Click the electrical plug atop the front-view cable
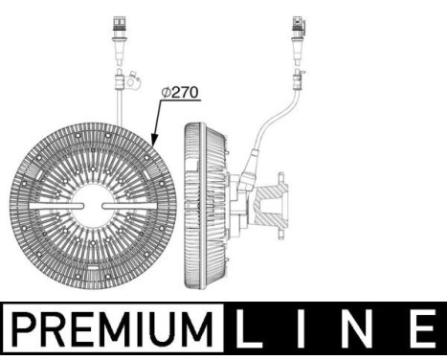[119, 29]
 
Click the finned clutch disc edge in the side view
[195, 206]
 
